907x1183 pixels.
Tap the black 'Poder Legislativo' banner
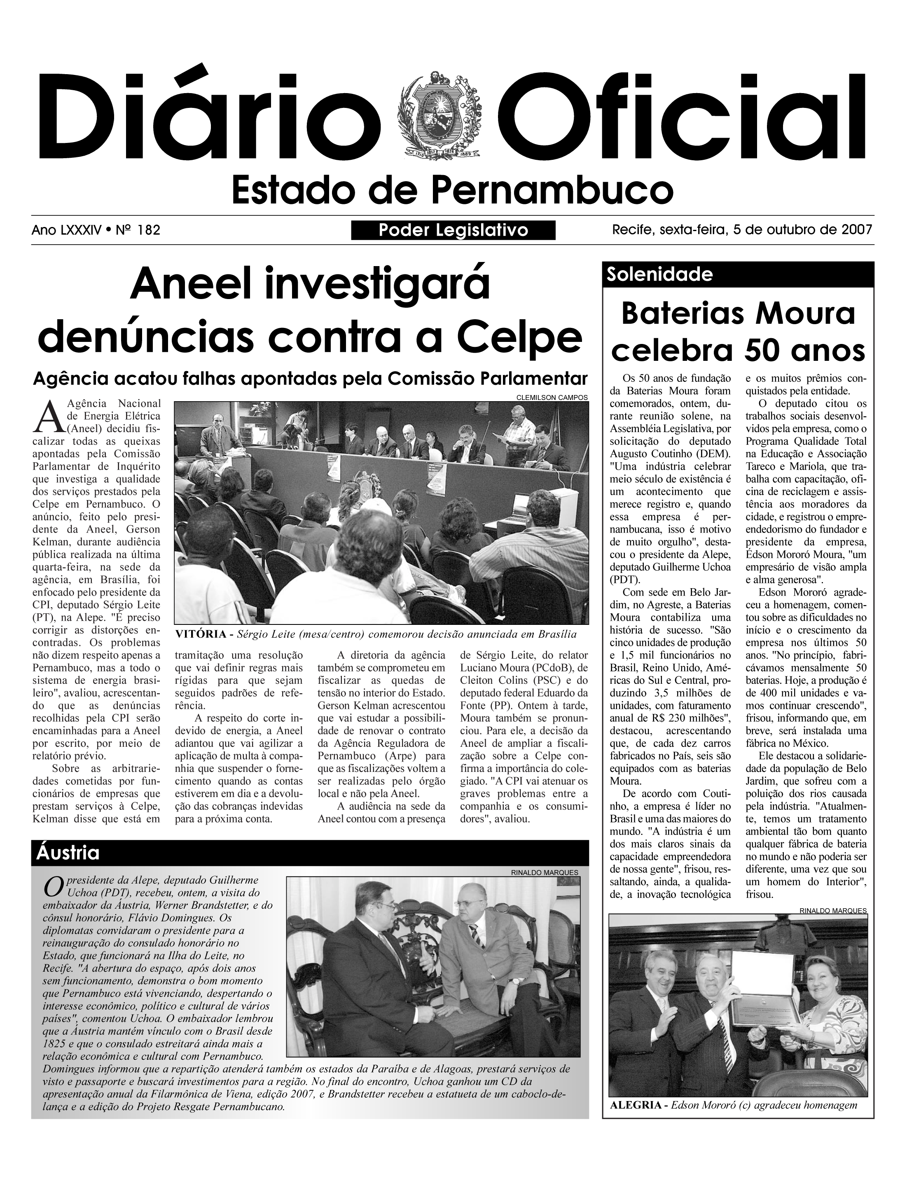(453, 231)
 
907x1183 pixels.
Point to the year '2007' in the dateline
(857, 230)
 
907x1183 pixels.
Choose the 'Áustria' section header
(68, 853)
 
